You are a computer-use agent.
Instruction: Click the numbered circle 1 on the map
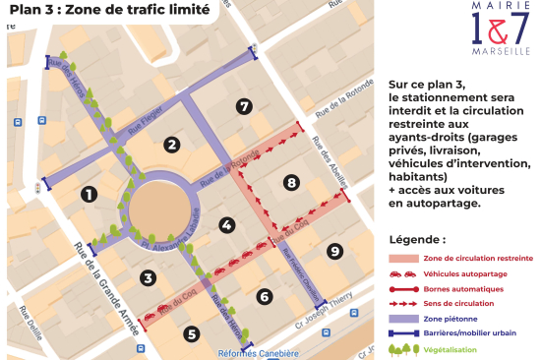click(x=89, y=194)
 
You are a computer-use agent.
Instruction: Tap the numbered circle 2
click(x=171, y=146)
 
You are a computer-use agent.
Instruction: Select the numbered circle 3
click(x=148, y=277)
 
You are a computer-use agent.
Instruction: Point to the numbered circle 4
click(x=227, y=225)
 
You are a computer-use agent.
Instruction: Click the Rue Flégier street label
click(x=150, y=129)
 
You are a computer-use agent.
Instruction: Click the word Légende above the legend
click(x=417, y=239)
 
